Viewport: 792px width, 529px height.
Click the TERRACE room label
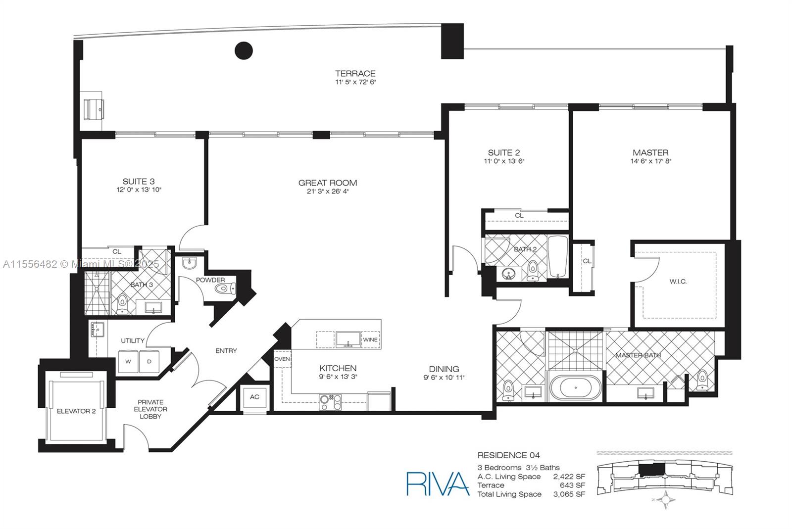(x=355, y=73)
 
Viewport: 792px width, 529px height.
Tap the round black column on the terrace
(x=244, y=50)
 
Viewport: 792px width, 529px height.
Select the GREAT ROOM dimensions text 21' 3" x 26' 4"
(x=327, y=192)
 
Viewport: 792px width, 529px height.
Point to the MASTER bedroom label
(x=650, y=152)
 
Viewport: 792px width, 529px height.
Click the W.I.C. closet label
(x=678, y=281)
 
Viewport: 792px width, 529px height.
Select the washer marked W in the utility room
(x=128, y=361)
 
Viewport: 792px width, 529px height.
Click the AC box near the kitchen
(x=254, y=397)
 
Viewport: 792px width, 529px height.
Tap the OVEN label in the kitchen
(x=282, y=359)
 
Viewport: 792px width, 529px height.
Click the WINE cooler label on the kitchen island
(x=370, y=339)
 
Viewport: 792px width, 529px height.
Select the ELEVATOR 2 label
(x=76, y=411)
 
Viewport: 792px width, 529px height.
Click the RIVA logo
(x=438, y=483)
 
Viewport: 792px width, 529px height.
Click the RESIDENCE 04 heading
(x=508, y=455)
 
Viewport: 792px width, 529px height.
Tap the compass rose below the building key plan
(x=668, y=500)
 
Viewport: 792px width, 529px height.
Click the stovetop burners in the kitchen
(x=330, y=401)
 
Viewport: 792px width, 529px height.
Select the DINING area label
(x=444, y=369)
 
